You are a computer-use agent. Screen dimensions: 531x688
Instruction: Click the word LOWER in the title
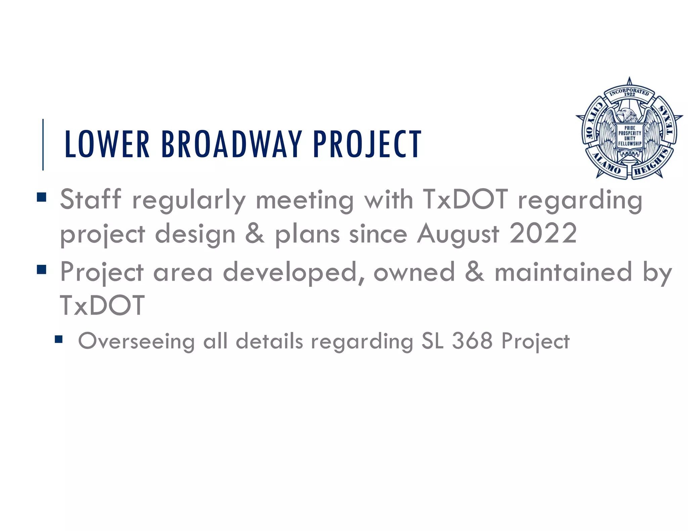click(x=107, y=144)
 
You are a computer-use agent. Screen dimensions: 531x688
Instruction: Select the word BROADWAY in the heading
click(x=231, y=144)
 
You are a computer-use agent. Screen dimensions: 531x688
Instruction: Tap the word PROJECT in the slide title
click(x=367, y=144)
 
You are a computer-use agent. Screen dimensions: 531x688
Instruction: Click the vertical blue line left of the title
click(x=43, y=144)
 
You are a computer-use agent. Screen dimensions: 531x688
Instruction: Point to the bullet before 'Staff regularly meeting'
click(x=42, y=197)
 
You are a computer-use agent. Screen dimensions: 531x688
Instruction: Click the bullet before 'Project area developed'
click(x=42, y=270)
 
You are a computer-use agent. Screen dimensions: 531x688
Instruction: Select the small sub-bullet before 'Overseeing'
click(x=59, y=340)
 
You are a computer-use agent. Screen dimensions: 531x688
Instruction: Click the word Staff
click(x=90, y=199)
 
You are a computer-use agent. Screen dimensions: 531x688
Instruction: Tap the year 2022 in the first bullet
click(x=543, y=234)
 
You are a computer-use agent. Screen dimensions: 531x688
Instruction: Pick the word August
click(x=458, y=234)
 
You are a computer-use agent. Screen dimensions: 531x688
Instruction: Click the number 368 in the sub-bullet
click(x=472, y=341)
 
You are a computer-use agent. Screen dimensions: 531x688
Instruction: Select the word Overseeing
click(x=136, y=342)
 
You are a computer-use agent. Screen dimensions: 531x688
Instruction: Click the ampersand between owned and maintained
click(x=474, y=272)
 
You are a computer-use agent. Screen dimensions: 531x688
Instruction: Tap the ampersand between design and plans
click(x=255, y=234)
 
